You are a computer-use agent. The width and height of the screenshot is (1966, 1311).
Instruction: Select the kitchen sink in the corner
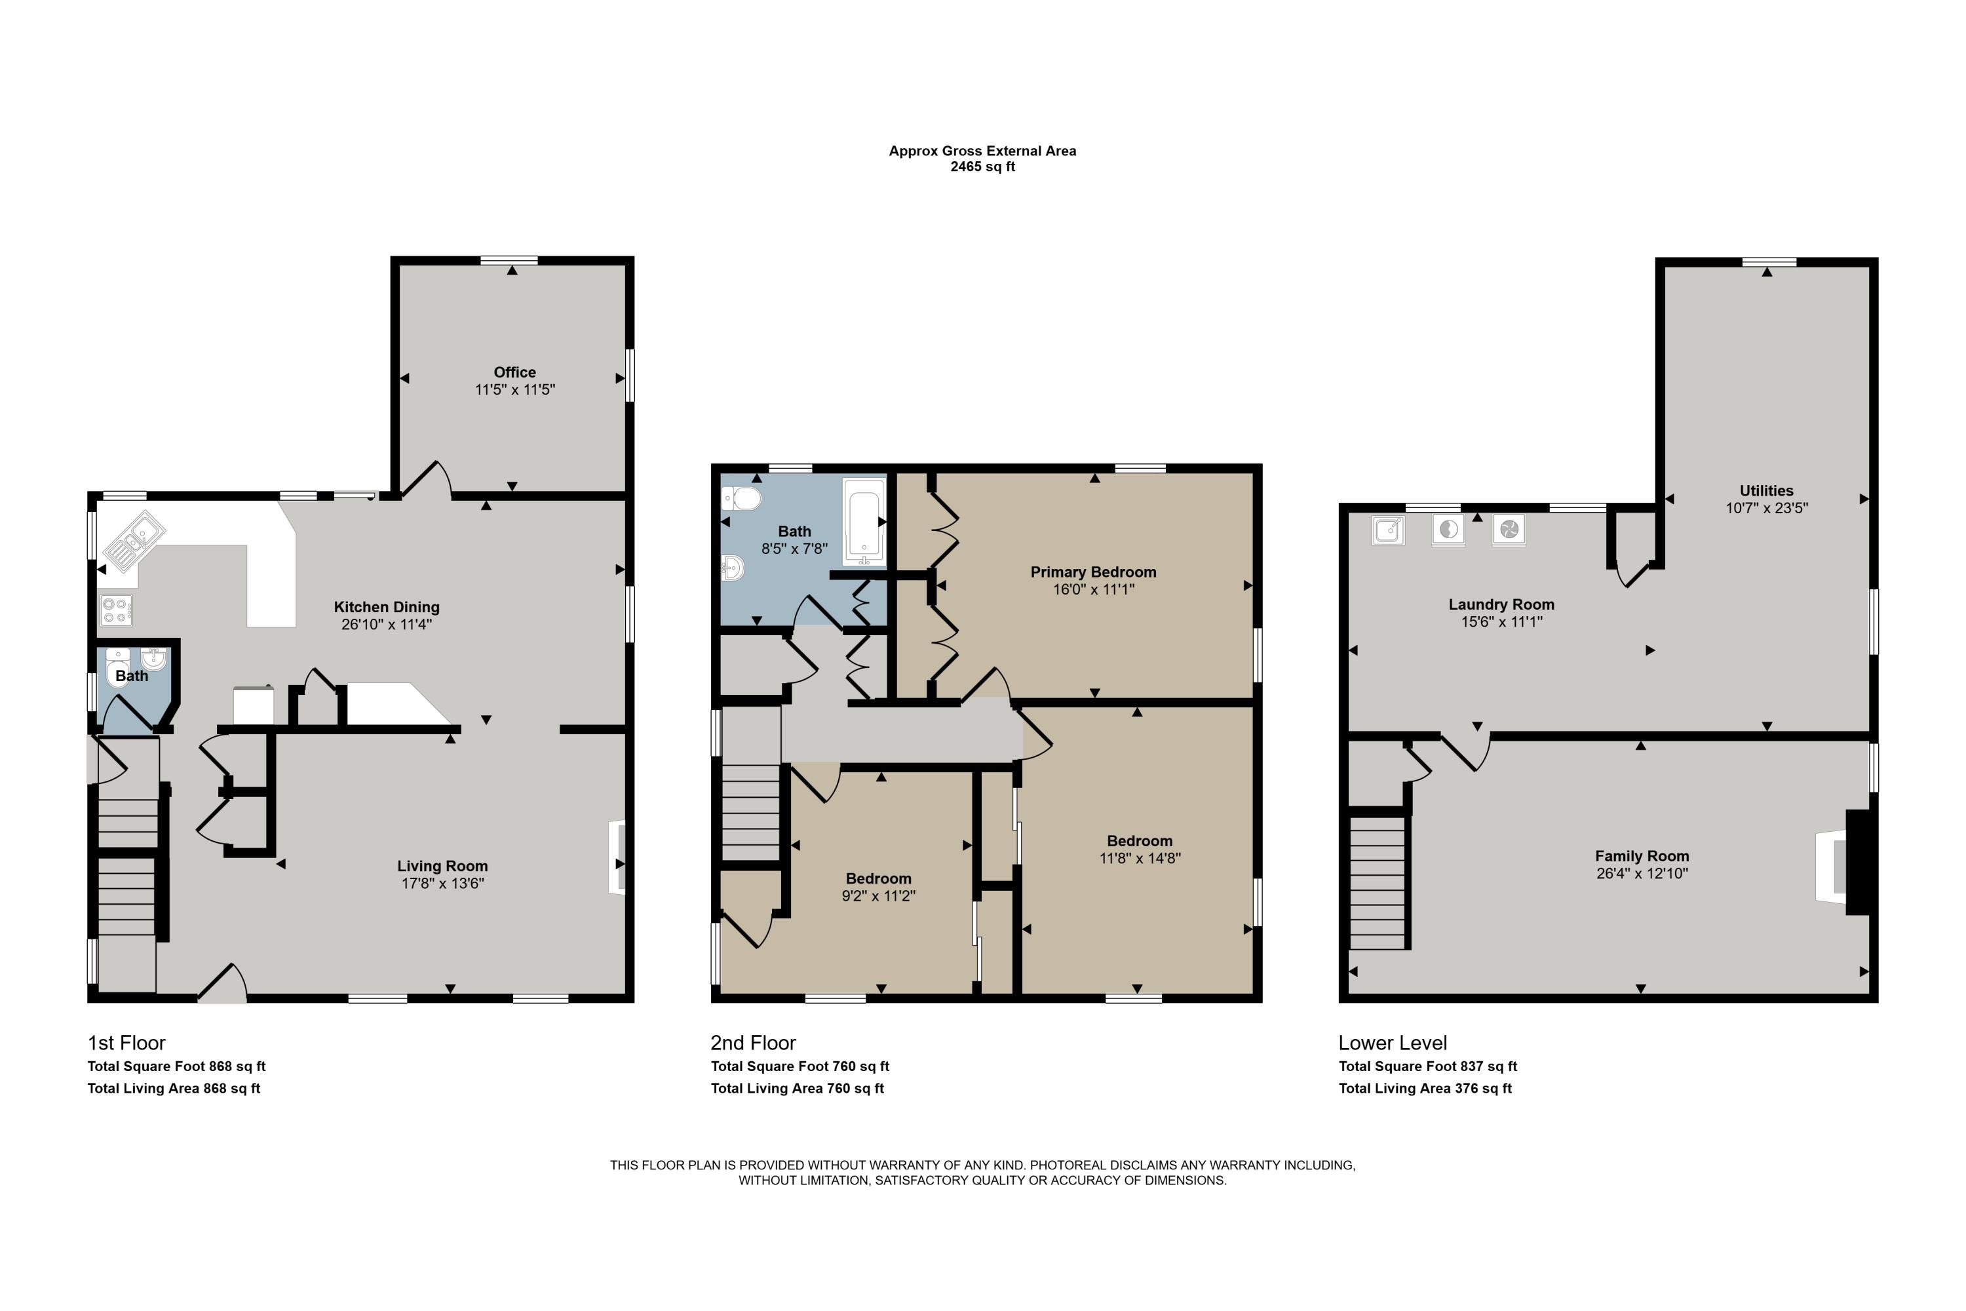coord(134,540)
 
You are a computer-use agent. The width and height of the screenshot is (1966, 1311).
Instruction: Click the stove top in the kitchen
coord(115,610)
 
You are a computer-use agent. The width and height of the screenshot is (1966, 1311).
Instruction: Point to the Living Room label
coord(442,866)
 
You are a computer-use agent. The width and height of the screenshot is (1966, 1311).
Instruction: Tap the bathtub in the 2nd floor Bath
coord(864,521)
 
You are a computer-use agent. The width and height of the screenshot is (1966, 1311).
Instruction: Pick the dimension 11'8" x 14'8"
coord(1140,858)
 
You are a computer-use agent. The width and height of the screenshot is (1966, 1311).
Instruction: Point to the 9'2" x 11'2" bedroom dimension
coord(879,895)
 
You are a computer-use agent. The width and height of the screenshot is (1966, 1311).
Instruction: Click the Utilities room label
coord(1766,491)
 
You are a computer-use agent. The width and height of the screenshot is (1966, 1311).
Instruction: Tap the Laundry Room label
coord(1501,604)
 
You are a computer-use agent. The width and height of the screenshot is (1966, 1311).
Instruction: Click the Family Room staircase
coord(1378,883)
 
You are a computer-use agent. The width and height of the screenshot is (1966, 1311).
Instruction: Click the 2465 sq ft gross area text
coord(983,166)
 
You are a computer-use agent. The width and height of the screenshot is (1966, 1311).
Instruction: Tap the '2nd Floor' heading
coord(753,1043)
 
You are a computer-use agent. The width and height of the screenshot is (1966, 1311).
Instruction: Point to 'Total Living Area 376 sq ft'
coord(1425,1087)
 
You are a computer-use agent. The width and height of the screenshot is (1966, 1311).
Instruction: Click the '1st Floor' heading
coord(126,1043)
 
